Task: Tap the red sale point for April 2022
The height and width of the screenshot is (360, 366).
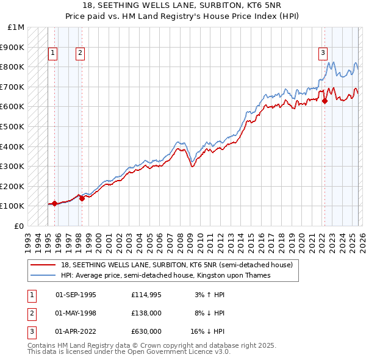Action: point(325,101)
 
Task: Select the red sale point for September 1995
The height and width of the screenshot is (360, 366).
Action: point(54,203)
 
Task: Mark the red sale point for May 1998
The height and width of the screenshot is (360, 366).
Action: point(81,198)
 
